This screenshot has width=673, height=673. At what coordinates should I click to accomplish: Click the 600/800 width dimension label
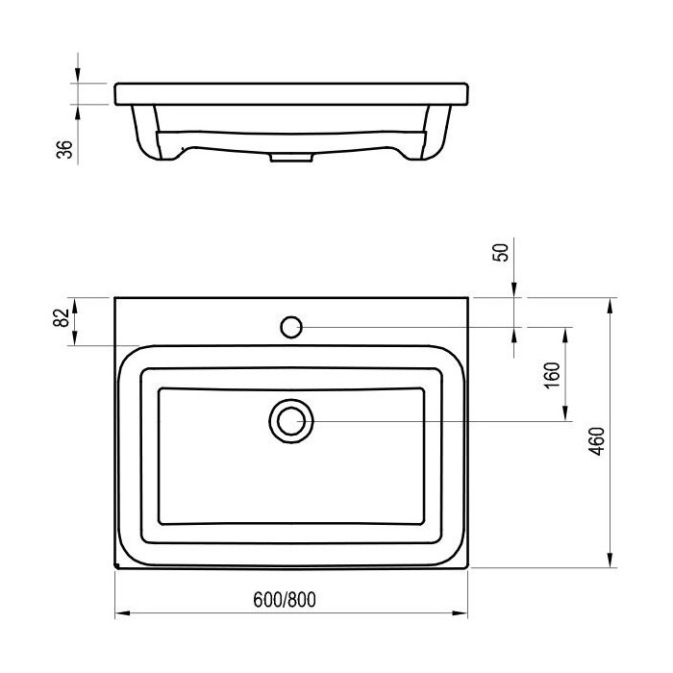coord(285,600)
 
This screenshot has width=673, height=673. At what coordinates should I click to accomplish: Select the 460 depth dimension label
coord(596,441)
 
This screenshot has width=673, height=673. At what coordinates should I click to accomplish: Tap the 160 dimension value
coord(552,375)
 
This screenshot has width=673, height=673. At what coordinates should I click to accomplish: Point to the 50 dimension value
coord(501,252)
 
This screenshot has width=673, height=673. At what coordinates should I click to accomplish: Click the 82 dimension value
coord(61,317)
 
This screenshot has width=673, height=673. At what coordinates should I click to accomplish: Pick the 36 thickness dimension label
coord(64,149)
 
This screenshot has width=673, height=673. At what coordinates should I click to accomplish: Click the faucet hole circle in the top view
coord(291,327)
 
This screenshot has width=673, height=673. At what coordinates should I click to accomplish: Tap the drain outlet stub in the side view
coord(291,158)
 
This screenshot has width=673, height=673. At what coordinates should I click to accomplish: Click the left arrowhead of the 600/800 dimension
coord(122,613)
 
